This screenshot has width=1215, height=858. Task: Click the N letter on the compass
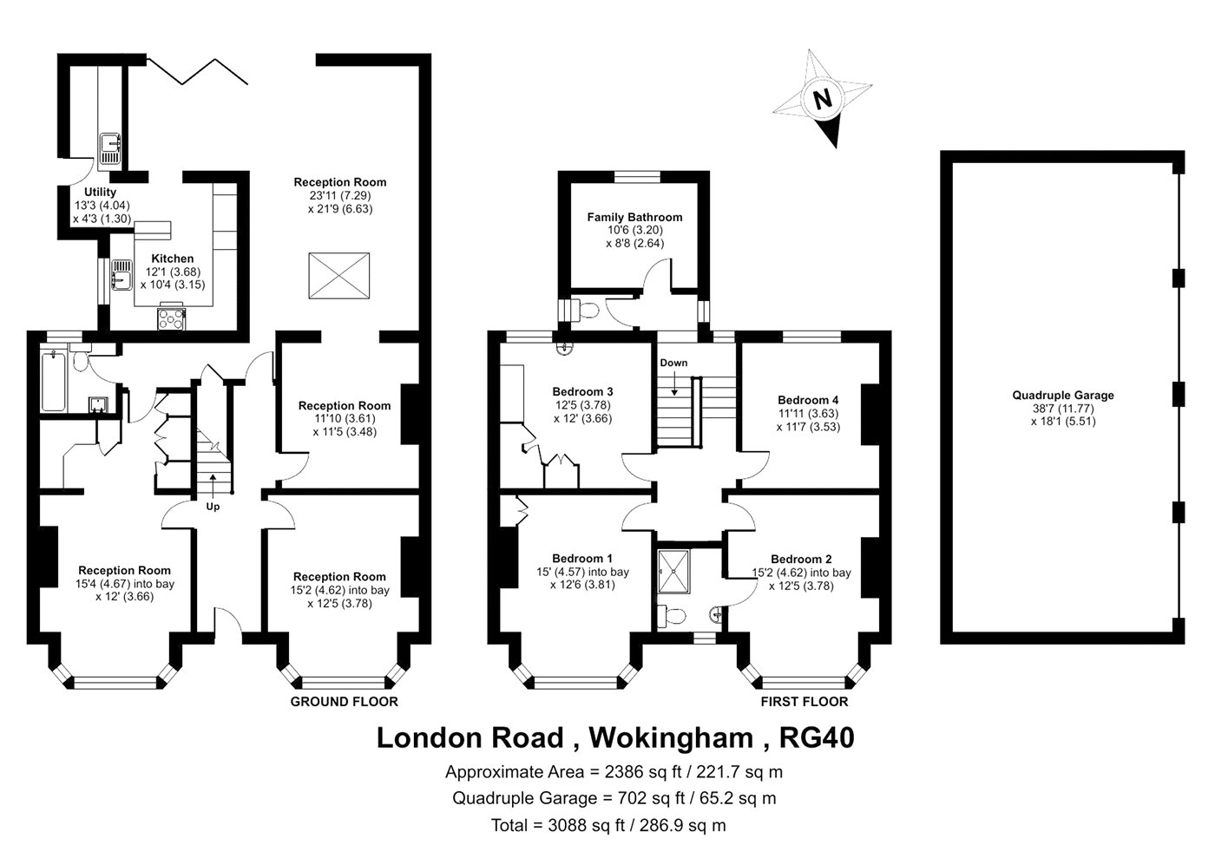pos(823,100)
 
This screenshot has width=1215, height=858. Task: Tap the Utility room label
pos(101,192)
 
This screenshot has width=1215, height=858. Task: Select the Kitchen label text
pos(173,259)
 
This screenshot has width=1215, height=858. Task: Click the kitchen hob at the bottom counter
pos(172,319)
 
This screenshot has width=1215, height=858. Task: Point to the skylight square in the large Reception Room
pos(339,276)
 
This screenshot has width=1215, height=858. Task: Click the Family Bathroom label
pos(634,217)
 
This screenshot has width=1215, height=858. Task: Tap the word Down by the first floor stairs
pos(673,363)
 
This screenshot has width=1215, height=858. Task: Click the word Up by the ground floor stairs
pos(213,507)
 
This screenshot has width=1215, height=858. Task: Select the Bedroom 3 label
pos(582,391)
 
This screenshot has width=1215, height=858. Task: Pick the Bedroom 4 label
pos(808,400)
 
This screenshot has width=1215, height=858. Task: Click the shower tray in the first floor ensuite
pos(673,571)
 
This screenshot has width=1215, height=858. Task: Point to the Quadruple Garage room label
pos(1063,396)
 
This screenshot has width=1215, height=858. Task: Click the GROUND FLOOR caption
pos(345,702)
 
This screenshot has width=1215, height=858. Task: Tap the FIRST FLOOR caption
pos(805,702)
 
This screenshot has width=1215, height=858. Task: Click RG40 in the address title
pos(817,737)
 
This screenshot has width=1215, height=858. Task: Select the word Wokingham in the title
pos(672,738)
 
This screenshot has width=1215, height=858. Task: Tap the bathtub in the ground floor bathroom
pos(53,382)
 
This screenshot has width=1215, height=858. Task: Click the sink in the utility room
pos(111,148)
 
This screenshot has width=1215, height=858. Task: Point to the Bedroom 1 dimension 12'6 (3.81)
pos(582,585)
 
